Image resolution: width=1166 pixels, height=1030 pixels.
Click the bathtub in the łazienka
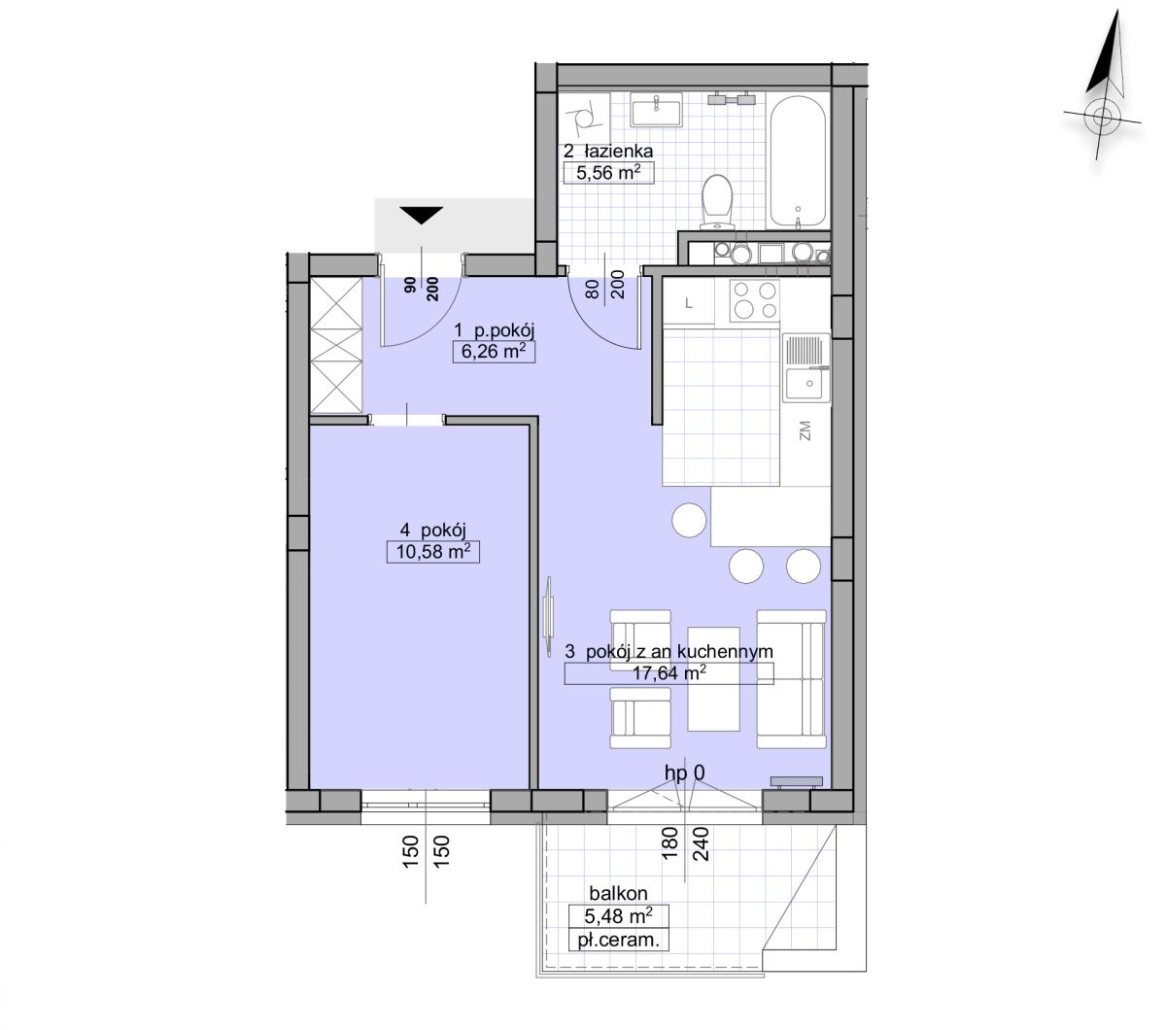click(799, 161)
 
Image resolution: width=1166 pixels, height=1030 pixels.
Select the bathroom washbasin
click(656, 110)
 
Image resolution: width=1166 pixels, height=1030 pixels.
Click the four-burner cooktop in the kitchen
click(755, 300)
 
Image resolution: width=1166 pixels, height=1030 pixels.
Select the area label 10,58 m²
click(432, 552)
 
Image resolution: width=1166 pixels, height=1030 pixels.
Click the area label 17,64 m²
click(669, 672)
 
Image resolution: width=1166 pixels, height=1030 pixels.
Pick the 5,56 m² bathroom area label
click(608, 172)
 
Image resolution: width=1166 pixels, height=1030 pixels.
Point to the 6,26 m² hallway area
click(494, 351)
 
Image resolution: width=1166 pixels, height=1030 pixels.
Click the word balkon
click(618, 893)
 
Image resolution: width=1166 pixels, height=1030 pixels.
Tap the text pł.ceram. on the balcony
click(618, 941)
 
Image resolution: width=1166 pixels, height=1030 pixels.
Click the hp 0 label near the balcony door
click(684, 773)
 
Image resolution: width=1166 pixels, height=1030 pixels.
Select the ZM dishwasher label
click(806, 430)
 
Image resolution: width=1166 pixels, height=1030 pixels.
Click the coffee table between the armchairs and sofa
click(713, 679)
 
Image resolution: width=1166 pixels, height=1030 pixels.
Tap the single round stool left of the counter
click(689, 520)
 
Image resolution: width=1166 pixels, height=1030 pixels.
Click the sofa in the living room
click(791, 679)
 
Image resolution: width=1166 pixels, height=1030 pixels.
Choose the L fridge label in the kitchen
click(689, 303)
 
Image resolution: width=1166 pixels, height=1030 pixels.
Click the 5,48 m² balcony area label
click(618, 915)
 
